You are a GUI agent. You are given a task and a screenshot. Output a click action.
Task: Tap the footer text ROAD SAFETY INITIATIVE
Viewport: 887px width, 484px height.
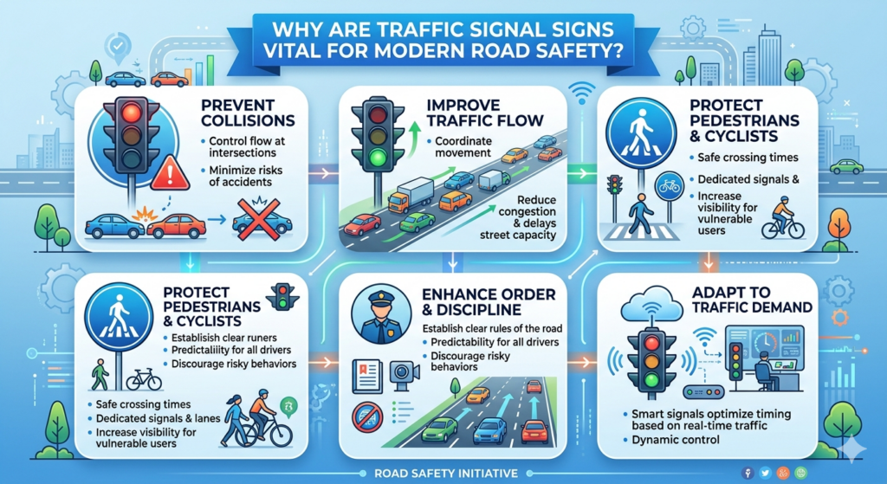point(443,473)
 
